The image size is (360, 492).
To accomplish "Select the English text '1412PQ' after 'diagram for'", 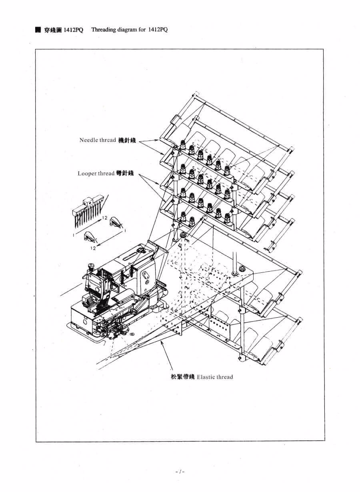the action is point(158,30).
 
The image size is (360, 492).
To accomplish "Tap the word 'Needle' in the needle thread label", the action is point(88,140).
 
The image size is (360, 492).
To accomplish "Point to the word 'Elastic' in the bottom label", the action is point(205,377).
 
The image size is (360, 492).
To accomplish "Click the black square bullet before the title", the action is point(38,30).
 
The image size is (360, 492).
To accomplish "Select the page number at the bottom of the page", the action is point(180,471).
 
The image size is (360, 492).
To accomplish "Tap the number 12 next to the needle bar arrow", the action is point(105,218).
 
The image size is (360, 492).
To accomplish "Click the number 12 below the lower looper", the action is point(93,248).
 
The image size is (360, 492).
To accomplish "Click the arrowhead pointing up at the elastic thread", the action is point(162,342).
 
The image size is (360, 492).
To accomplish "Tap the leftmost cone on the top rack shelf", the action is point(183,145).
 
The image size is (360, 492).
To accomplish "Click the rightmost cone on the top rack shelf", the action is point(227,170).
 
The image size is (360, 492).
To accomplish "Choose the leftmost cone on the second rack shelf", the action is point(183,169).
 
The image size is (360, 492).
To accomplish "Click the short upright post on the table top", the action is point(235,263).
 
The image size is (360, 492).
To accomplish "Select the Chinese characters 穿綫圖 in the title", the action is point(53,30).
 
